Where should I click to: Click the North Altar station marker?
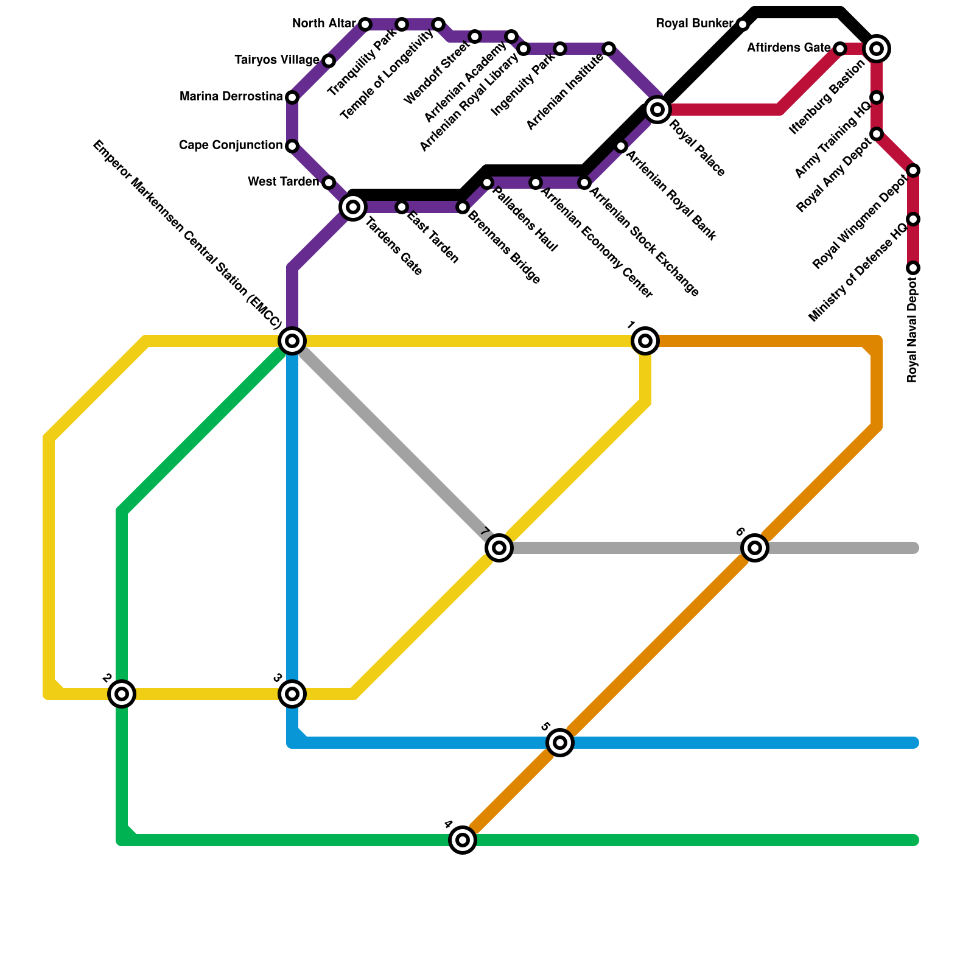[365, 24]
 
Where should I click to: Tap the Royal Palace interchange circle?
[657, 110]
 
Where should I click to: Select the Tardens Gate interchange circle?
[353, 207]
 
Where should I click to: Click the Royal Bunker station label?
[694, 24]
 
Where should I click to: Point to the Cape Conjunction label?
[231, 145]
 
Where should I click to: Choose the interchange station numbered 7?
[499, 548]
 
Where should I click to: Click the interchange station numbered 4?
[463, 840]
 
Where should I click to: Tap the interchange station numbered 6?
[755, 548]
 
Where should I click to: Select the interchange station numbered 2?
[122, 693]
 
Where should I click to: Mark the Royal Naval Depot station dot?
[913, 268]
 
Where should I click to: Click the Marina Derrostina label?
[231, 97]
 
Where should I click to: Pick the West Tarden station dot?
[329, 183]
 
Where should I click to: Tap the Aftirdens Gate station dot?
[840, 49]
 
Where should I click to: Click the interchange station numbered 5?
[560, 743]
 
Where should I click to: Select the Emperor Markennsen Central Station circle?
[292, 341]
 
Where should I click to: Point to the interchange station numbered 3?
[292, 693]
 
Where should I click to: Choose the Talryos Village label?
[277, 60]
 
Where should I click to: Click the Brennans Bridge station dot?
[463, 207]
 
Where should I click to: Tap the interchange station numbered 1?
[645, 341]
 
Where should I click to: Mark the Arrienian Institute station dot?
[609, 49]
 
